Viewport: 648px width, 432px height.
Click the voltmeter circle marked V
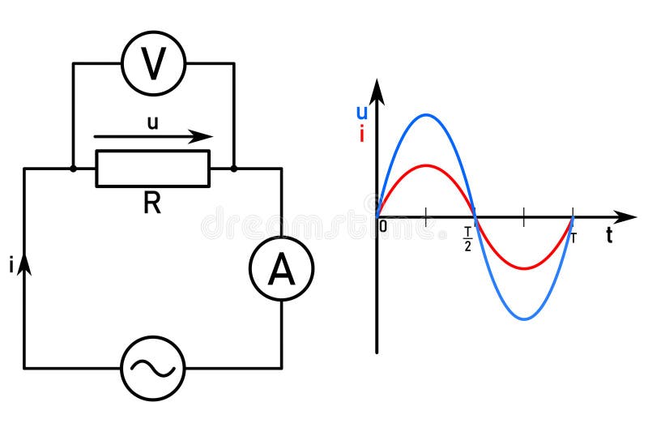pos(153,63)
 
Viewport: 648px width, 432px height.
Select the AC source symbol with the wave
pos(152,369)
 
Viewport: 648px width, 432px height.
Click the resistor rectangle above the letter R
pos(152,169)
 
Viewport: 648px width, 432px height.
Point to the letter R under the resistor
pos(151,203)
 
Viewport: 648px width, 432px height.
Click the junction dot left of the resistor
pos(73,169)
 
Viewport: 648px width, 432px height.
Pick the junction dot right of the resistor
pos(233,169)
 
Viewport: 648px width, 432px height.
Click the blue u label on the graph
pos(362,113)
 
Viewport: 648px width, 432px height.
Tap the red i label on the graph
pos(361,135)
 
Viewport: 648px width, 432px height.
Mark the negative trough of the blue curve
pos(525,319)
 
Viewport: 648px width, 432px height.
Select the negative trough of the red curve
pos(525,268)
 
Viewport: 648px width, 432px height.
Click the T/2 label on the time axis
pos(467,240)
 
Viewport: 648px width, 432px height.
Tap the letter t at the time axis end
pos(608,237)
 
